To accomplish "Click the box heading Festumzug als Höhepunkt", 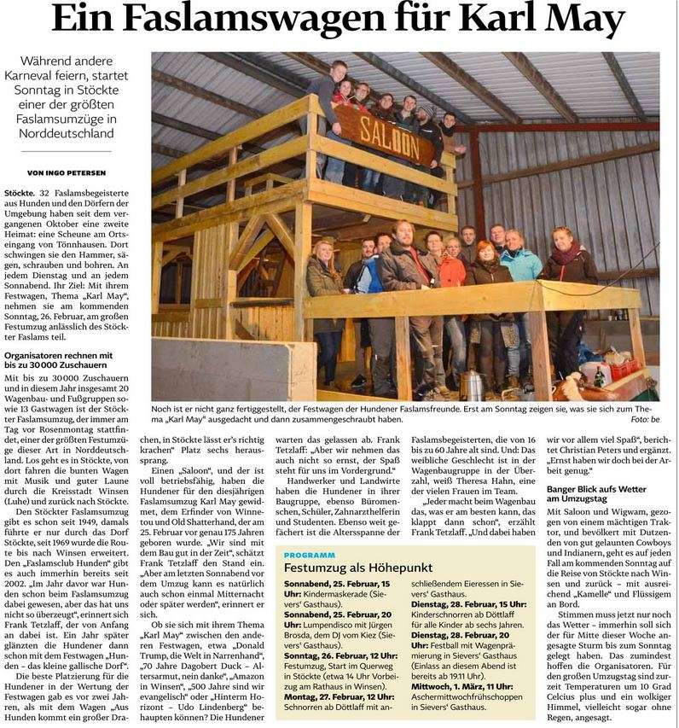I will click(x=348, y=567).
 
